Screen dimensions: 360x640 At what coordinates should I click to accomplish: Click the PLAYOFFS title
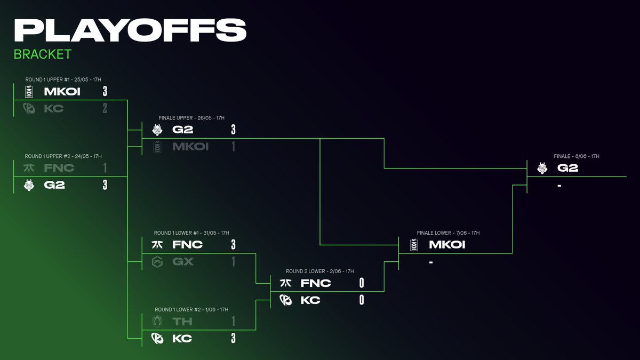coord(130,30)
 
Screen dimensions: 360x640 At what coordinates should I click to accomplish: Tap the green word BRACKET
coord(43,54)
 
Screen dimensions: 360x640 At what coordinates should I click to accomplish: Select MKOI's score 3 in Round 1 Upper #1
coord(105,91)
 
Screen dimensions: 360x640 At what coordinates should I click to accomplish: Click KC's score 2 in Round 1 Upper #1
coord(105,108)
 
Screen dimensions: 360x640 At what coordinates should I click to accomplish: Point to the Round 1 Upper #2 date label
coord(63,156)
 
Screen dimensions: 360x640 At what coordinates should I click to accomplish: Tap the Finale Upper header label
coord(191,118)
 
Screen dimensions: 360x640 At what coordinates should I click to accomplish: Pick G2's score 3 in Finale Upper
coord(233,130)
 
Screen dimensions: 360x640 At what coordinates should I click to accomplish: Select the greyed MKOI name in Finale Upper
coord(190,147)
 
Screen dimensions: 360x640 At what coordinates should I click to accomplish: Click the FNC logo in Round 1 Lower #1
coord(157,245)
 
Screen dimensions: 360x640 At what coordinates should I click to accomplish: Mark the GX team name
coord(183,262)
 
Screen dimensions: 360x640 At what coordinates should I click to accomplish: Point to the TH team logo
coord(157,322)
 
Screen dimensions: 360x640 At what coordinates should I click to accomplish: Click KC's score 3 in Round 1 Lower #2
coord(233,339)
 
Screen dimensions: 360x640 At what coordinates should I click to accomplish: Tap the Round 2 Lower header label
coord(319,271)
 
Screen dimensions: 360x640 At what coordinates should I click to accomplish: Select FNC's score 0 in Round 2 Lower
coord(362,283)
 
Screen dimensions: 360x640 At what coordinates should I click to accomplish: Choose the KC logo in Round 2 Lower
coord(285,300)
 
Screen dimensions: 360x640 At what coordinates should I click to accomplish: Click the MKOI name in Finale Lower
coord(447,245)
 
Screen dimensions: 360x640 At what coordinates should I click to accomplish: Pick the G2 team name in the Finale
coord(567,168)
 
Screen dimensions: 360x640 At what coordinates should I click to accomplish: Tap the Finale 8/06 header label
coord(577,156)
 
